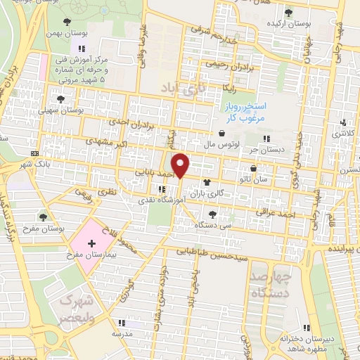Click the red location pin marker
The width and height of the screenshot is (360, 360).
tap(181, 165)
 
